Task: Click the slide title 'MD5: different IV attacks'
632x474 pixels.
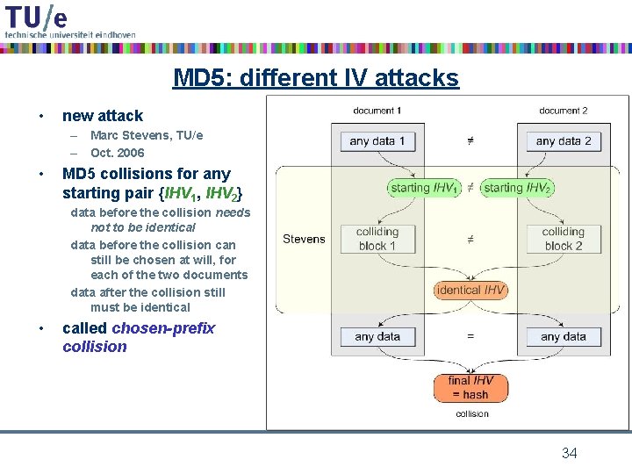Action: coord(315,78)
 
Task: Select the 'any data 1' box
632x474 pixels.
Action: coord(377,140)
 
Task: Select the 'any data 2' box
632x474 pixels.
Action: coord(563,140)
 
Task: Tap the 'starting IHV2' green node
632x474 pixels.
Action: coord(517,187)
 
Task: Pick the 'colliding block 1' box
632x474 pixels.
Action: coord(377,239)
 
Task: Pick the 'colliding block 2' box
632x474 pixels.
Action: coord(563,239)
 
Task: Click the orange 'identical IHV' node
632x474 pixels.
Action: coord(470,290)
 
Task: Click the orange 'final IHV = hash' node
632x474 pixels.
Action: coord(470,387)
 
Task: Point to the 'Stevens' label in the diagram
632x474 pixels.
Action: coord(304,239)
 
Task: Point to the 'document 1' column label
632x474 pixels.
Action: coord(377,111)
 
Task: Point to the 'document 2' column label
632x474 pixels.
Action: coord(563,111)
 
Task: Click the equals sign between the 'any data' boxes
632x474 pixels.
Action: coord(470,336)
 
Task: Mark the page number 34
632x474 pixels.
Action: coord(569,453)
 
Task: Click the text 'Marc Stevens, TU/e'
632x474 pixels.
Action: coord(146,135)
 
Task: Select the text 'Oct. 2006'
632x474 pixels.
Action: coord(117,153)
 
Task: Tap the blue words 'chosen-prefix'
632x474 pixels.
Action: coord(163,328)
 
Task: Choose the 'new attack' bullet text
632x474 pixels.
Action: coord(102,116)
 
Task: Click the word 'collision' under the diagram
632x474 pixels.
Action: coord(471,413)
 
